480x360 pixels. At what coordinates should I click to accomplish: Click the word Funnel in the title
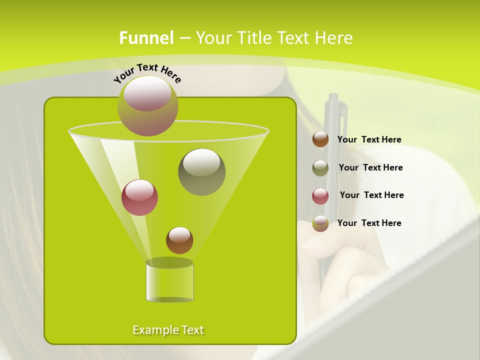(146, 38)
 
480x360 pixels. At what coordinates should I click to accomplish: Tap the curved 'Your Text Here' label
(147, 73)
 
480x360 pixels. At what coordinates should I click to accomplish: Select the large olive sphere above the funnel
(148, 105)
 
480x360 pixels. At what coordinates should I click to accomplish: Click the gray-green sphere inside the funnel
(202, 171)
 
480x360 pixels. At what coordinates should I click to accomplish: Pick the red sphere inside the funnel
(139, 197)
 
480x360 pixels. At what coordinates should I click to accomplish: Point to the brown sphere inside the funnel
(179, 240)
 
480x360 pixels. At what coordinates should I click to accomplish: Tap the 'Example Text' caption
(168, 330)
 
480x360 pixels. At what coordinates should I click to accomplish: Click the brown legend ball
(320, 139)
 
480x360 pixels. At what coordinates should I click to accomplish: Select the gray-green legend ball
(320, 168)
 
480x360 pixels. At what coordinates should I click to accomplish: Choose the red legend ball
(320, 196)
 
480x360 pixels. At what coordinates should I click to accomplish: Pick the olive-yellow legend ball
(320, 223)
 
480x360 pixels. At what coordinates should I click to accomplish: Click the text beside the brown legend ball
(369, 139)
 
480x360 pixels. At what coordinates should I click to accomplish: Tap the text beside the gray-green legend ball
(370, 167)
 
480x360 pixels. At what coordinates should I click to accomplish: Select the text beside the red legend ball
(371, 195)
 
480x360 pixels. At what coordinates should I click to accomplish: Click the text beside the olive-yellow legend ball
(369, 223)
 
